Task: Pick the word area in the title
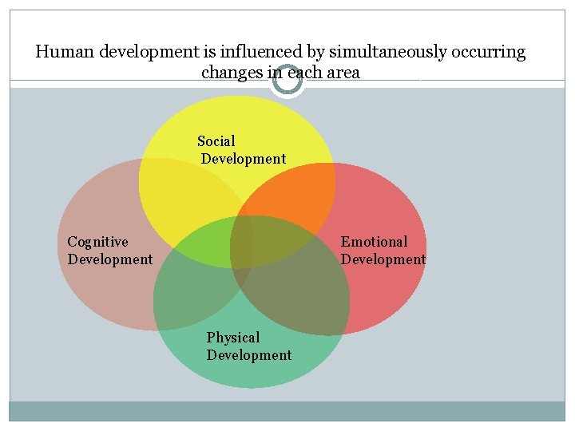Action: click(x=342, y=73)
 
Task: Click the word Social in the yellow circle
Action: click(x=216, y=141)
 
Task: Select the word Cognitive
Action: click(x=97, y=242)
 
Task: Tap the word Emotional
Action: click(x=374, y=242)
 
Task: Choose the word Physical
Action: click(x=233, y=338)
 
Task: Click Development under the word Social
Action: click(x=244, y=159)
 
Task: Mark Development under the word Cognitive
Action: click(x=110, y=259)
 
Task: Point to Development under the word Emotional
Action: click(x=383, y=259)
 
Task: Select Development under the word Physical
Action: click(x=249, y=355)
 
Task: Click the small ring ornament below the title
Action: click(x=287, y=81)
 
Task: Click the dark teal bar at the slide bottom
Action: click(x=287, y=410)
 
